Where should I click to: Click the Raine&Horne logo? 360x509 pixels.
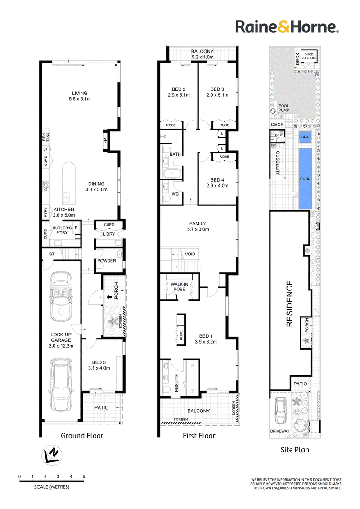pyautogui.click(x=287, y=27)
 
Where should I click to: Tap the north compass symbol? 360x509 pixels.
pyautogui.click(x=52, y=456)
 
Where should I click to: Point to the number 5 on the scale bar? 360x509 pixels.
pyautogui.click(x=84, y=477)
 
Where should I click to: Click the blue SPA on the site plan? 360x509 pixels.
pyautogui.click(x=305, y=137)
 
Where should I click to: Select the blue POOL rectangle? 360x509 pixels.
pyautogui.click(x=305, y=179)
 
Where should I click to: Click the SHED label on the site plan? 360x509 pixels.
pyautogui.click(x=309, y=54)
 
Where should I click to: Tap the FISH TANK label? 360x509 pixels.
pyautogui.click(x=45, y=137)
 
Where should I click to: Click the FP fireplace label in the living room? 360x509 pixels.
pyautogui.click(x=105, y=141)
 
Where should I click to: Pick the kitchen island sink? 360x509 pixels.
pyautogui.click(x=66, y=196)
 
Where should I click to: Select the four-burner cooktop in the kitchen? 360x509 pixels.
pyautogui.click(x=46, y=186)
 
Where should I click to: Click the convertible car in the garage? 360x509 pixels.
pyautogui.click(x=61, y=297)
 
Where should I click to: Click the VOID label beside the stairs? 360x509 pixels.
pyautogui.click(x=190, y=254)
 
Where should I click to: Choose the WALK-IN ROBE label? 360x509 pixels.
pyautogui.click(x=180, y=286)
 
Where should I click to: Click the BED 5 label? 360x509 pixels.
pyautogui.click(x=99, y=362)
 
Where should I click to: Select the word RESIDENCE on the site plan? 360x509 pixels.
pyautogui.click(x=289, y=304)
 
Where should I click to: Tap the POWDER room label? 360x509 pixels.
pyautogui.click(x=107, y=261)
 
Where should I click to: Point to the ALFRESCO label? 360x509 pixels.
pyautogui.click(x=278, y=163)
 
